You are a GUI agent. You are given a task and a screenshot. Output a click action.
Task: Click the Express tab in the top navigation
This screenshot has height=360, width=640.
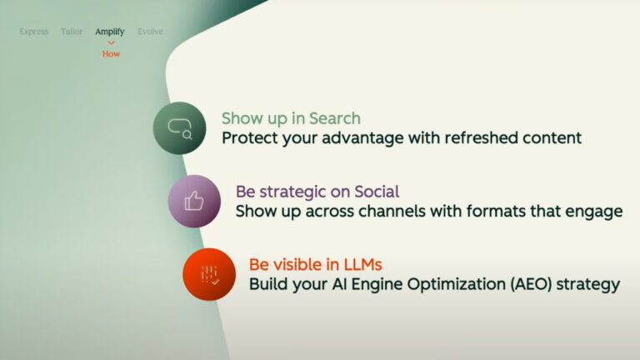click(34, 32)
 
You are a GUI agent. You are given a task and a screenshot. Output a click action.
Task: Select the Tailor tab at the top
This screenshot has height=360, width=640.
click(72, 32)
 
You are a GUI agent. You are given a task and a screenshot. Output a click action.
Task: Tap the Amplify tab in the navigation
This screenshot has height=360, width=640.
click(110, 32)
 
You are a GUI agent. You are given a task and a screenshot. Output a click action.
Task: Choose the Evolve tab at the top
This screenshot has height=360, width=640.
click(150, 32)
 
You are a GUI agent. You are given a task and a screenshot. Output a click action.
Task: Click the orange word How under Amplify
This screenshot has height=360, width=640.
click(111, 53)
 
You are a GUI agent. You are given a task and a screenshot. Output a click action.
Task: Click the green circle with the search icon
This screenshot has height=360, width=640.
click(179, 128)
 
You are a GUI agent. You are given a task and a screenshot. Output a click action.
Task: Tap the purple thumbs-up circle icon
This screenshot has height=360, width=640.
click(194, 201)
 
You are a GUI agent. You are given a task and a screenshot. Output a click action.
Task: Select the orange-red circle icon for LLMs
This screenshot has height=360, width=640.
click(209, 274)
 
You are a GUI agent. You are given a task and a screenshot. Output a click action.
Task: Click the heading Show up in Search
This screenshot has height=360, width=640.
click(291, 118)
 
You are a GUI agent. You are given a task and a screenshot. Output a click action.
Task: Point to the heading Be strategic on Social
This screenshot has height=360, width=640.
click(317, 192)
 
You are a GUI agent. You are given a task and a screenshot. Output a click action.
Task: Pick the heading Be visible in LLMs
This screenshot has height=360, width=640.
click(315, 264)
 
